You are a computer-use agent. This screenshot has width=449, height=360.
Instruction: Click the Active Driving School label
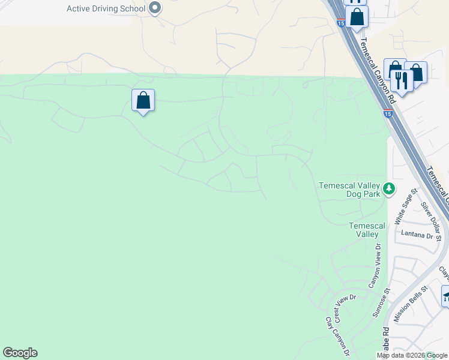coord(106,8)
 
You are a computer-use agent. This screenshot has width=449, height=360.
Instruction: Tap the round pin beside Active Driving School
coord(155,8)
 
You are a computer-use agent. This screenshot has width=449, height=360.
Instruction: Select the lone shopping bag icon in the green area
coord(143,100)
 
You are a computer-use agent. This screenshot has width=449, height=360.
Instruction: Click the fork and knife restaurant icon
coord(401,80)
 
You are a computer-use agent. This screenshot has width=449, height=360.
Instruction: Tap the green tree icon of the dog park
coord(390,189)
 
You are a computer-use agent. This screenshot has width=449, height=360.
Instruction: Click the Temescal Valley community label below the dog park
coord(364,230)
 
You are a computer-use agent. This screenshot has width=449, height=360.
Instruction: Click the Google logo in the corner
coord(20,353)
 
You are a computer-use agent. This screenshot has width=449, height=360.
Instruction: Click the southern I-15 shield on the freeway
coord(388,113)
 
